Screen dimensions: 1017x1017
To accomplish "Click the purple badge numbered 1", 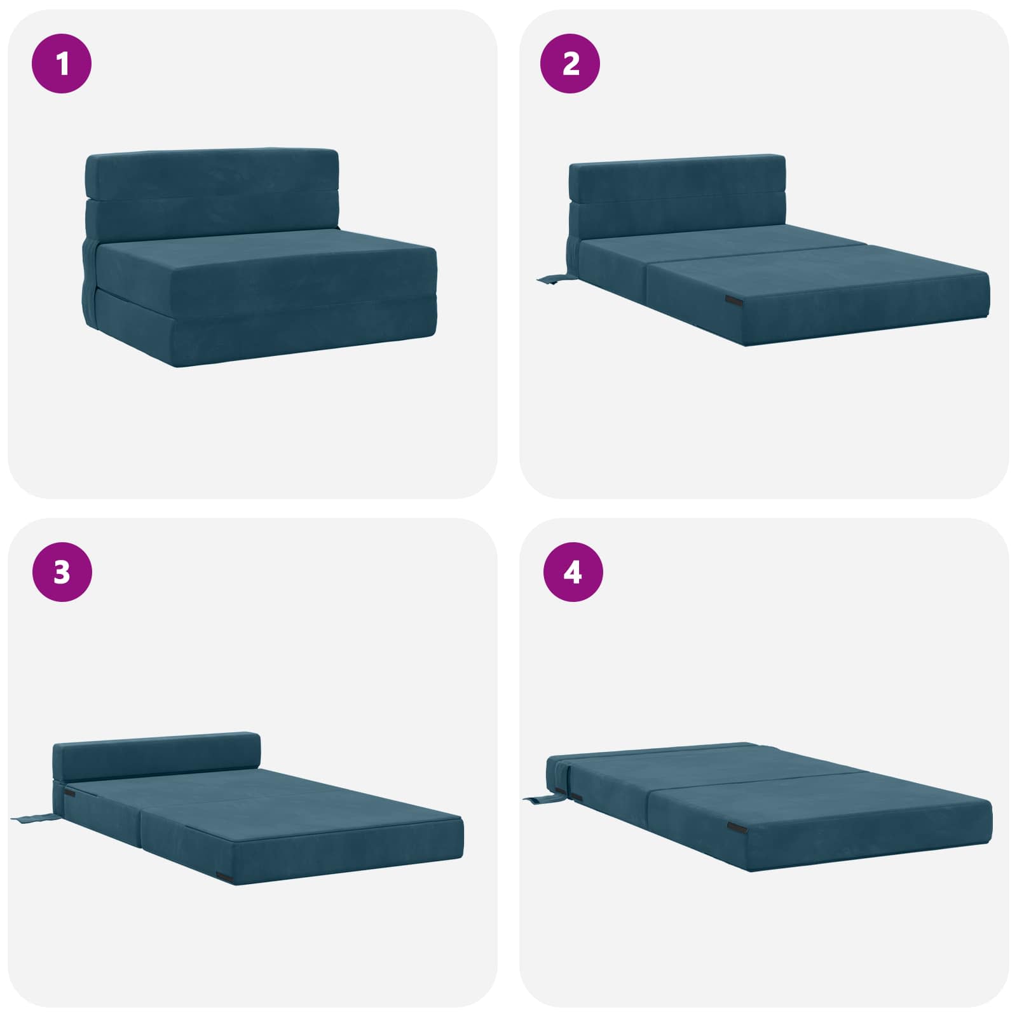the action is [62, 64].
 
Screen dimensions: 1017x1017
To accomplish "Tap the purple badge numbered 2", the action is [570, 64].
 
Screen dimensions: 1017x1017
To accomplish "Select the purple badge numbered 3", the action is [62, 572].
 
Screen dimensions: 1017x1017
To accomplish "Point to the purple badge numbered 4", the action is [572, 572].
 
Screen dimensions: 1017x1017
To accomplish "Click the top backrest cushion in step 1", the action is [212, 173].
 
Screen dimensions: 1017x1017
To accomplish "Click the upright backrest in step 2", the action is [677, 200].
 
